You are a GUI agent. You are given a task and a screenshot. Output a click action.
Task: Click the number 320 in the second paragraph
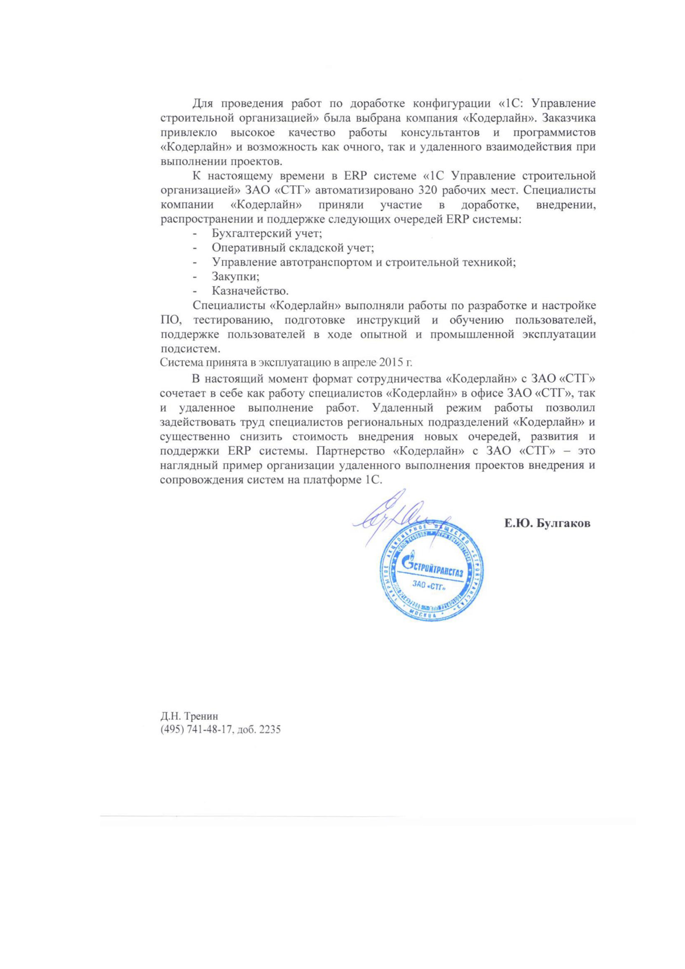[x=429, y=190]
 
